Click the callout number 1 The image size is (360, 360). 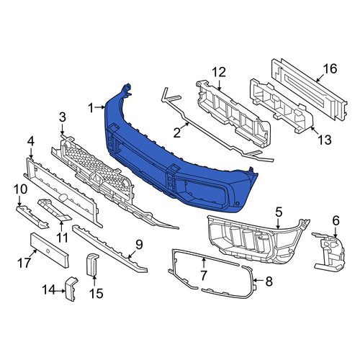pos(91,108)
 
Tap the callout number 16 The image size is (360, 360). pos(330,68)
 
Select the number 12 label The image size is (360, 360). pos(219,72)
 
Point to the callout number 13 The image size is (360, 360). pos(325,140)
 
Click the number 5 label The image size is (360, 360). pos(279,212)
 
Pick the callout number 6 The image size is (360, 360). pos(336,220)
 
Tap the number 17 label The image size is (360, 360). pos(24,263)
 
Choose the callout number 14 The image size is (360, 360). pos(49,289)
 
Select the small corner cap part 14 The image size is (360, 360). pos(71,289)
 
